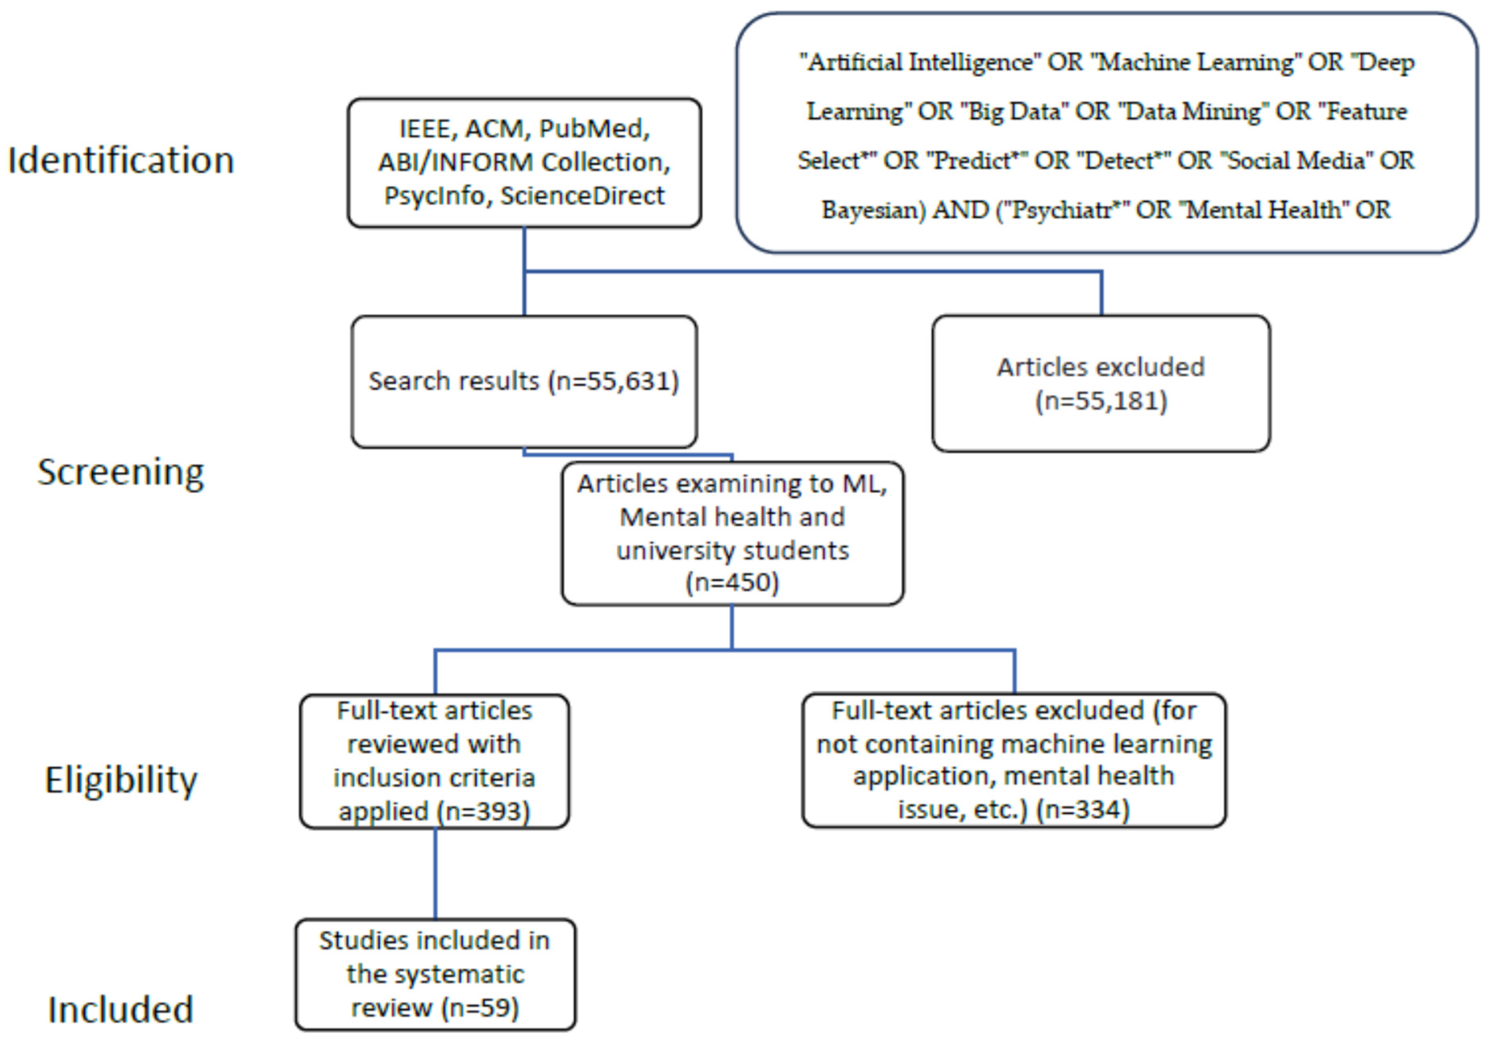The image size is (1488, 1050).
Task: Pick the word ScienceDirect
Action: [x=582, y=195]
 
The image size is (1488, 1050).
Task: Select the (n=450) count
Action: [x=732, y=582]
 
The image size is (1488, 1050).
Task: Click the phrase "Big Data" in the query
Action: [x=1014, y=111]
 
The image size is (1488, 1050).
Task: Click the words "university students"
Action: [x=732, y=551]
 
